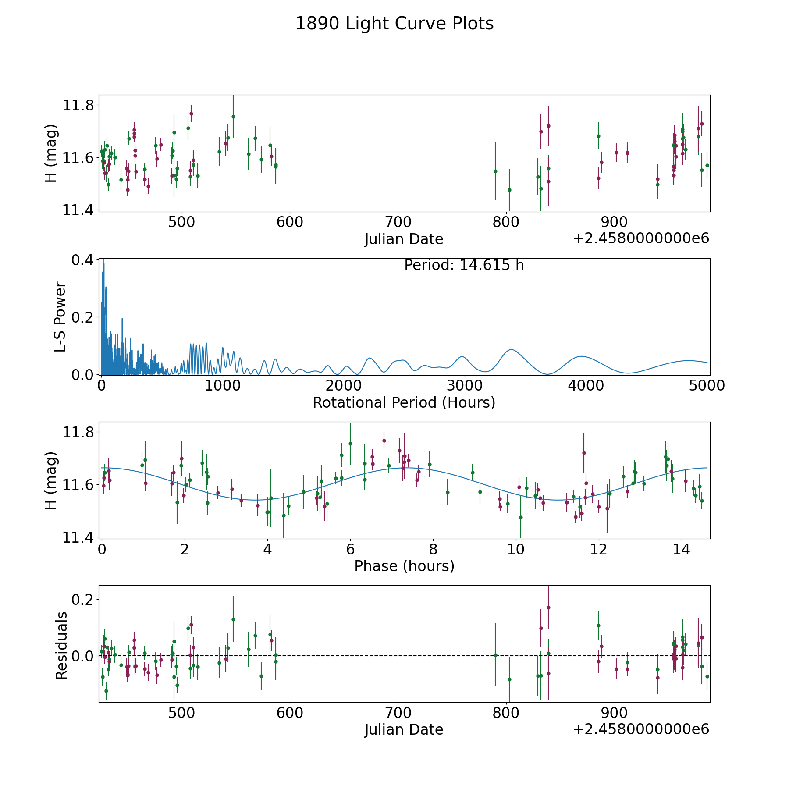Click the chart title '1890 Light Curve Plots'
pos(394,24)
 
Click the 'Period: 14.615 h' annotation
pos(464,265)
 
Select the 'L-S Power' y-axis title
pos(60,316)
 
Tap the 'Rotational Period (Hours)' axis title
pos(404,402)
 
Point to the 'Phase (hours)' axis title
pos(404,566)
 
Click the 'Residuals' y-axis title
pos(61,645)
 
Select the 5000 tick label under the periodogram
pos(706,386)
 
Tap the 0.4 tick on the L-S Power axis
pos(82,260)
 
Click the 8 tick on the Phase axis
pos(433,549)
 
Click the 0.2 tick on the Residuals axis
pos(82,599)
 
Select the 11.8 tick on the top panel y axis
pos(78,106)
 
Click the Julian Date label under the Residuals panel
pos(404,729)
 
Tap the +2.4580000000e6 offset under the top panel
pos(641,238)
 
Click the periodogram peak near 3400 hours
pos(511,350)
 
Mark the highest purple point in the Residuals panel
pos(548,608)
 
